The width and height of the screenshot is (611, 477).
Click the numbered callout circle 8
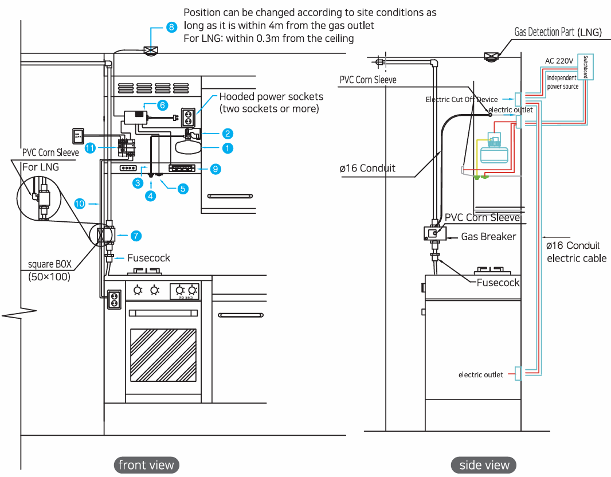point(171,27)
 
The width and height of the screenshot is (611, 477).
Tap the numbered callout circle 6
point(162,105)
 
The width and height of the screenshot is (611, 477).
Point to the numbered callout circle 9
point(215,169)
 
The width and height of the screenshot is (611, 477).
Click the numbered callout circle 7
point(136,235)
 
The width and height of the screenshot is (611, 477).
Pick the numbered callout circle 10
point(80,203)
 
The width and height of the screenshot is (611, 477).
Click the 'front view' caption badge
point(146,464)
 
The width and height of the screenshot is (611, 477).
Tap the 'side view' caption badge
point(484,464)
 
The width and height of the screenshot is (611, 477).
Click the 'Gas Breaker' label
point(488,236)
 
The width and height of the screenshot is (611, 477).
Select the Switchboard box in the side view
point(588,68)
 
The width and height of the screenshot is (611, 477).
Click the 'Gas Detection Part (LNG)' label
point(558,32)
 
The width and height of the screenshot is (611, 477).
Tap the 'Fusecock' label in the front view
point(148,258)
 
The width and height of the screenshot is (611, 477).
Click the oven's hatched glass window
point(163,354)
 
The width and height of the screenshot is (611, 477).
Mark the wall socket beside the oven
point(115,299)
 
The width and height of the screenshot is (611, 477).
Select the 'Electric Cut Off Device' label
point(461,99)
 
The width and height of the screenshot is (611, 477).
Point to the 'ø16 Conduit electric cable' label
point(576,252)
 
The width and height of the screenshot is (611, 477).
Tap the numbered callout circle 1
point(228,147)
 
